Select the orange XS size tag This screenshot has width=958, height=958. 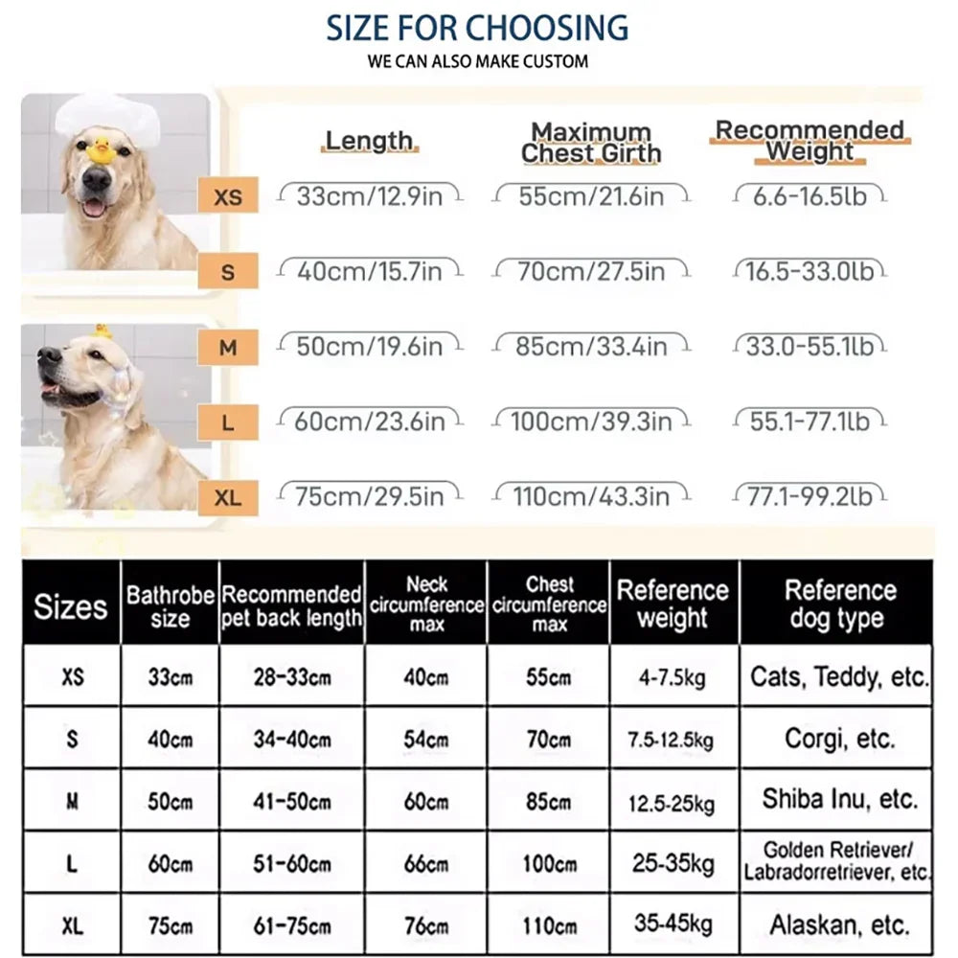tap(228, 197)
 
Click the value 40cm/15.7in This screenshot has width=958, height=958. tap(369, 272)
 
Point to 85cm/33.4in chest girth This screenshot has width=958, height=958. tap(590, 346)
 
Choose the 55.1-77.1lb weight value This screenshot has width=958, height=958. tap(810, 421)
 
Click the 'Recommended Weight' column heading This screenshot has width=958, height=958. tap(810, 140)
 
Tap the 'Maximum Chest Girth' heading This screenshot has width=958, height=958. tap(591, 143)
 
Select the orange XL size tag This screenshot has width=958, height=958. tap(228, 496)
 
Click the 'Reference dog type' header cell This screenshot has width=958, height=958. tap(837, 604)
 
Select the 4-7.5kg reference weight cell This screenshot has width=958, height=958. tap(673, 677)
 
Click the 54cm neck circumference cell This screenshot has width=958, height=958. tap(426, 740)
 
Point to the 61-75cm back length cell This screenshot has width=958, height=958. tap(292, 925)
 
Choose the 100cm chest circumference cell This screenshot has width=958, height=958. tap(549, 863)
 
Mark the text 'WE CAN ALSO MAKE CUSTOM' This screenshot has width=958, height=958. tap(477, 61)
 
